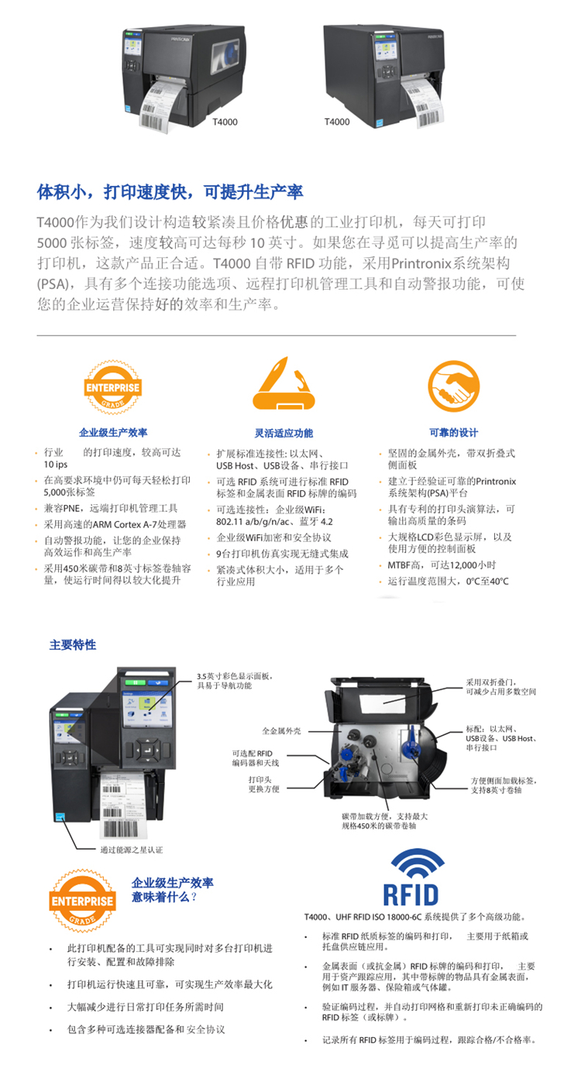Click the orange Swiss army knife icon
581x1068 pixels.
pos(284,384)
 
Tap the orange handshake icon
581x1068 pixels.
pos(453,386)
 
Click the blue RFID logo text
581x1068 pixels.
pos(411,895)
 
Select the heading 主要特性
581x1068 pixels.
pos(73,644)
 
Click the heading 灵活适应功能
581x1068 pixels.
pos(284,433)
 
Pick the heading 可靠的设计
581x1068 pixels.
pos(454,432)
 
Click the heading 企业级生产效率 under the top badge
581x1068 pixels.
pos(113,432)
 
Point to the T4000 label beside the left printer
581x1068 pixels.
pos(225,122)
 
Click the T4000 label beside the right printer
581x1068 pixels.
pos(337,122)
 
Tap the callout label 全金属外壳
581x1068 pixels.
pos(281,731)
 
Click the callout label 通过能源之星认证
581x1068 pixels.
pos(131,850)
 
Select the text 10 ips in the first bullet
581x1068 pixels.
pos(56,465)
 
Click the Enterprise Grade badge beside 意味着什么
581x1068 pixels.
pos(83,901)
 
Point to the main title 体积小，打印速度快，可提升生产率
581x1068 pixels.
pos(170,191)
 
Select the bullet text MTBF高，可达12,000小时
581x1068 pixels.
pos(442,565)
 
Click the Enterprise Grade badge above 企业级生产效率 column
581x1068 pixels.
pos(113,387)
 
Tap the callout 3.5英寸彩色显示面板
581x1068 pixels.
pos(234,680)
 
